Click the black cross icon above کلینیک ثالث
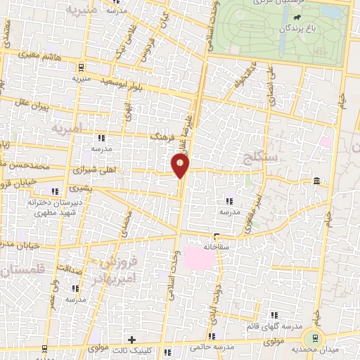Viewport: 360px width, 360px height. (x=131, y=340)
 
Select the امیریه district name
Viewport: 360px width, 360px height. (x=66, y=129)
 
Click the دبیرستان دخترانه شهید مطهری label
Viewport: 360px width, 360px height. (x=51, y=207)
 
